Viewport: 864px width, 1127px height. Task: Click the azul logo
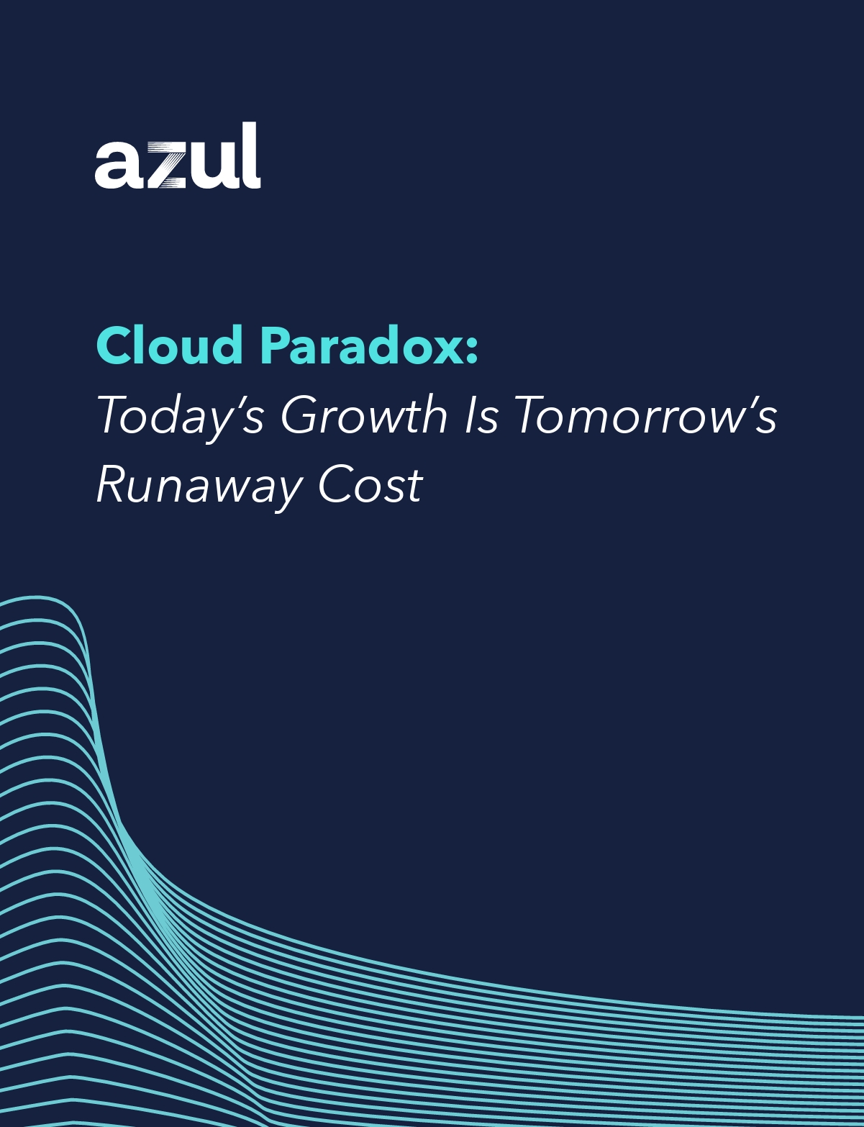(177, 156)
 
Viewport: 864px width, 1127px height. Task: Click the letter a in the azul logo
(117, 165)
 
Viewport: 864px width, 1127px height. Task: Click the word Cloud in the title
(170, 345)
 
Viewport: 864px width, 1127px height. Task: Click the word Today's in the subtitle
(180, 416)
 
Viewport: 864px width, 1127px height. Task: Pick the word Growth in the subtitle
(364, 415)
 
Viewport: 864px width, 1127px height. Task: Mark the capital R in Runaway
(112, 484)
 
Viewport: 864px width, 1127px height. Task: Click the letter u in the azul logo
(212, 165)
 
